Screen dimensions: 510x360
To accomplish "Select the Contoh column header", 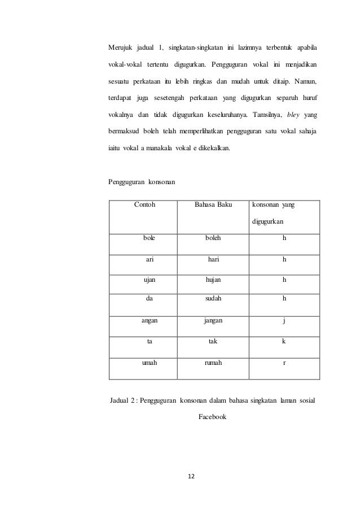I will (x=145, y=205).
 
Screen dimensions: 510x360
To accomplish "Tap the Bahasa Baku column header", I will (x=213, y=205).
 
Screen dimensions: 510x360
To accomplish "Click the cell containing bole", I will (x=149, y=238).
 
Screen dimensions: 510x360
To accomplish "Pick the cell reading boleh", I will (x=213, y=238).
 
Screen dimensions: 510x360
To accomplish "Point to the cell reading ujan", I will (x=149, y=279).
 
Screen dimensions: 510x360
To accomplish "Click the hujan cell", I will (x=213, y=279).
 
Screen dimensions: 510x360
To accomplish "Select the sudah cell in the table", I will (x=213, y=299).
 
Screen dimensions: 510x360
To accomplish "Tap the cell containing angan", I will (x=150, y=320).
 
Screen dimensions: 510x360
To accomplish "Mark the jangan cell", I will (x=213, y=320).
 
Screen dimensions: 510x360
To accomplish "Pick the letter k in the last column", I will (x=284, y=341).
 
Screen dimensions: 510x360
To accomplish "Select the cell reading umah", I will (x=150, y=362).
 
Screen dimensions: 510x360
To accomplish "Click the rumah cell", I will (x=213, y=362).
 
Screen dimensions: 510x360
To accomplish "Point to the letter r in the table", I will (x=284, y=362).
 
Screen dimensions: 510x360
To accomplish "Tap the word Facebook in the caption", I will (x=212, y=419).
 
